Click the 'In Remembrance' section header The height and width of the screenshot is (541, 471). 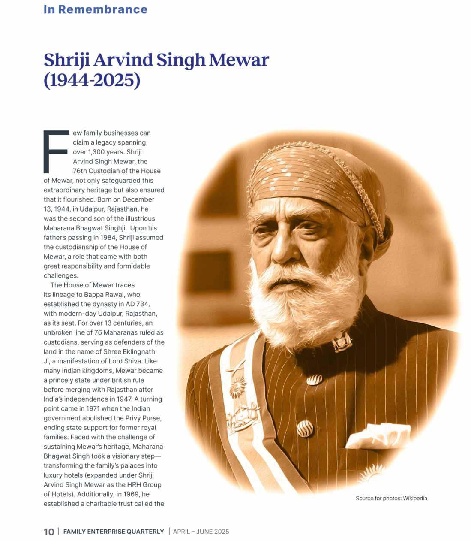click(95, 9)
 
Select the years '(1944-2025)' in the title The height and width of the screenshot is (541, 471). click(92, 80)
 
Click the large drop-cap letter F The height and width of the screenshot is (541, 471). click(56, 151)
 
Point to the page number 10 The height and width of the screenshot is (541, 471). click(49, 532)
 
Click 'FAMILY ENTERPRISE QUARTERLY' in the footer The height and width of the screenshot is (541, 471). click(114, 532)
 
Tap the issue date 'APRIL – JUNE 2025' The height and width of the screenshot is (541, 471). click(201, 532)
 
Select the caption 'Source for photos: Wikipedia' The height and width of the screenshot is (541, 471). click(391, 498)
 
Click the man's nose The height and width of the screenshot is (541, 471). click(282, 251)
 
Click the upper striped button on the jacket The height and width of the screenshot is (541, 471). click(314, 379)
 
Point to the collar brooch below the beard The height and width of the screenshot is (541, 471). click(341, 341)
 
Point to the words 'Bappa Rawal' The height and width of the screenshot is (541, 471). click(103, 295)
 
